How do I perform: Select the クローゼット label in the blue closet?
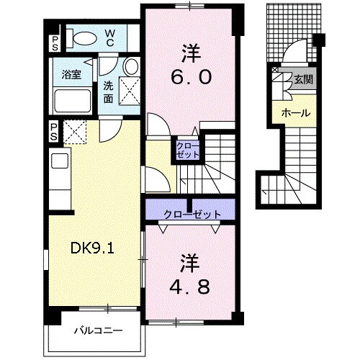click(191, 215)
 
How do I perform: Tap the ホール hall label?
click(295, 114)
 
